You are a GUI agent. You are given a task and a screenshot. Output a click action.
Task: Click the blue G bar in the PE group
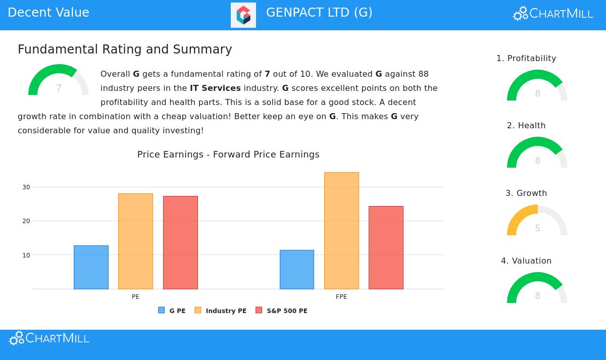pos(91,267)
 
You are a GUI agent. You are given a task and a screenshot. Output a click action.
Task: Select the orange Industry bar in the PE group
pos(135,241)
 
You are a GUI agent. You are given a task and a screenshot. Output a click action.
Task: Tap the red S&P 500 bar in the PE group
pos(180,242)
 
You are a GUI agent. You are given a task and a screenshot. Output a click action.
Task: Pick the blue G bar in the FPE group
pos(297,270)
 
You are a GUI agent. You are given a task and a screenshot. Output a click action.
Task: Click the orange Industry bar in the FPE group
pos(341,231)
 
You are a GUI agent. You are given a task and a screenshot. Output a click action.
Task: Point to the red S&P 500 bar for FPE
pos(386,247)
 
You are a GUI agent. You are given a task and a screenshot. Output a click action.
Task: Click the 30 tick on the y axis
pos(26,187)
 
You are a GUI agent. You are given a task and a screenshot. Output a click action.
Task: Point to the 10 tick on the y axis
pos(26,255)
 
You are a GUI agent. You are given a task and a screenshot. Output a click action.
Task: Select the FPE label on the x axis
pos(341,297)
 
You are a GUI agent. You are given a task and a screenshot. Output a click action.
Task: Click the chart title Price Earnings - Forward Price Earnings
pos(228,155)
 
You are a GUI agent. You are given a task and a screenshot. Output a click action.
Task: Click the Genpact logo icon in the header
pos(243,15)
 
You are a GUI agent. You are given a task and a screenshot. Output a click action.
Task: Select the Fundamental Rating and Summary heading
pos(125,49)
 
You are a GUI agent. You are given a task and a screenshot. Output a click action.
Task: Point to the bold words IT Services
pos(215,88)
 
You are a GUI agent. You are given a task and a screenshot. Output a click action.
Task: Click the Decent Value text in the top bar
pos(48,13)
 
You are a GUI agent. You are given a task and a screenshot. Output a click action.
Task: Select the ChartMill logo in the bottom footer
pos(49,338)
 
